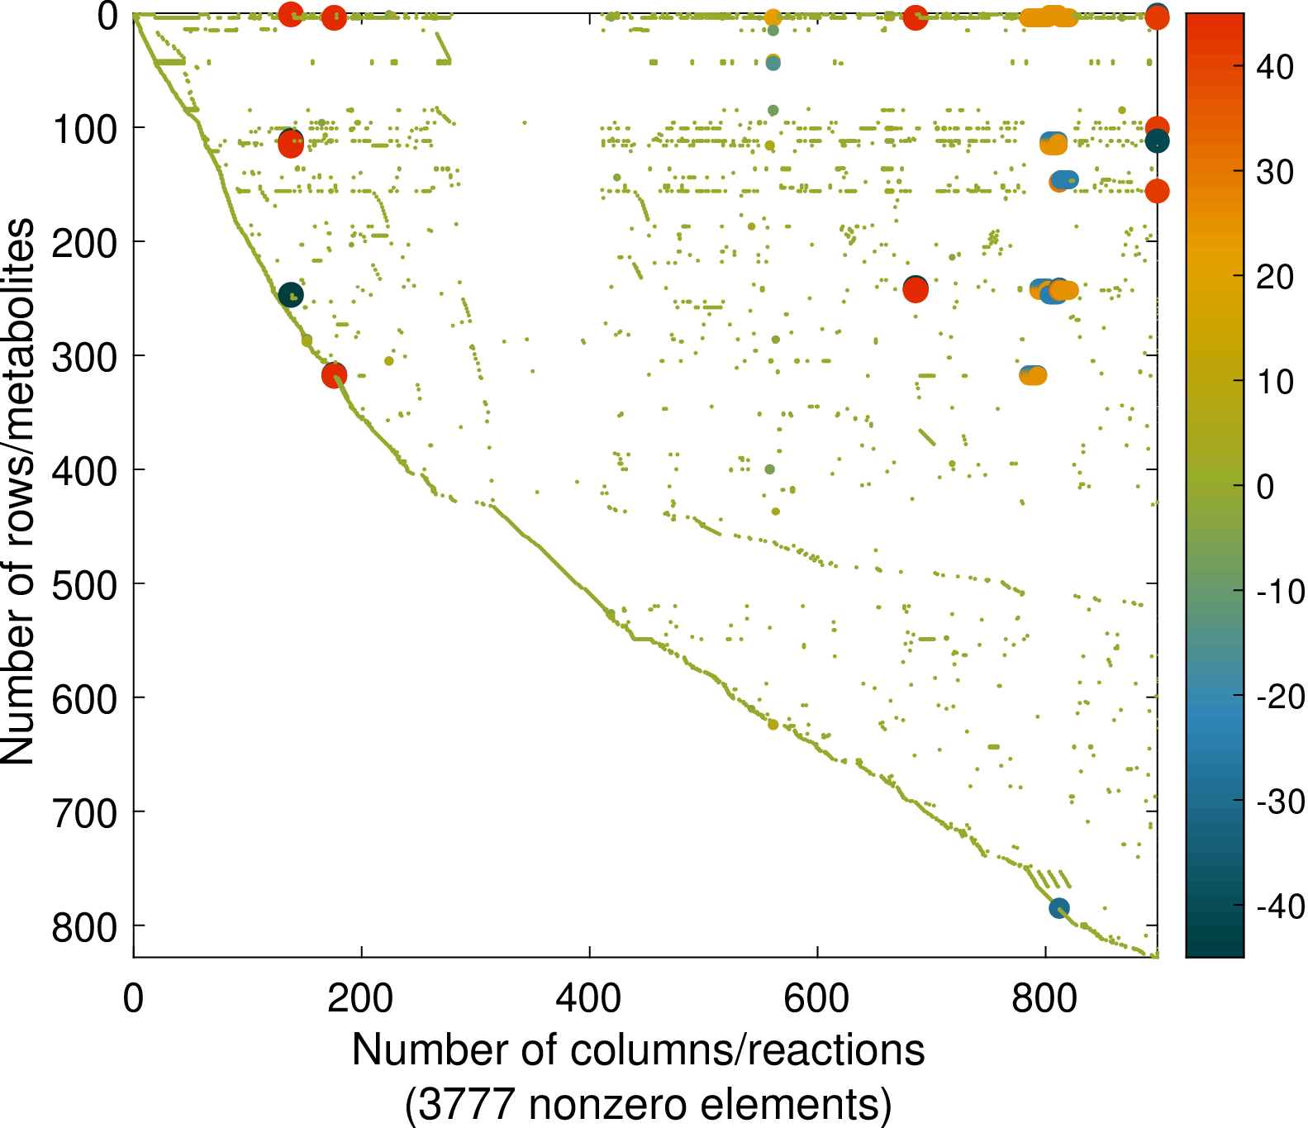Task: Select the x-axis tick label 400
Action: [588, 998]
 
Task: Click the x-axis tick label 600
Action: [816, 998]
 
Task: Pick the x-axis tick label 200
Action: [360, 998]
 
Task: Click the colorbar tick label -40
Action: [1280, 907]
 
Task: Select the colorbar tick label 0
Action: [1265, 487]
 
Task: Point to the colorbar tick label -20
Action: [1280, 697]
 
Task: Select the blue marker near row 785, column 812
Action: [1059, 908]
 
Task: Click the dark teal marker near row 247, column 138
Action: [290, 295]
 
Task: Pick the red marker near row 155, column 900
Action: [1157, 191]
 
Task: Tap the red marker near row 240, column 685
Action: [915, 289]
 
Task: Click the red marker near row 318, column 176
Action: [334, 375]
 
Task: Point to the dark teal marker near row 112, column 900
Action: [1157, 141]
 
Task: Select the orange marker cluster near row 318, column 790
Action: [1033, 375]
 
